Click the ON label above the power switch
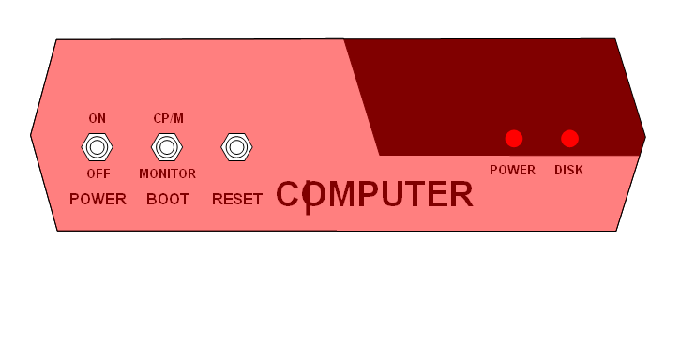[x=98, y=118]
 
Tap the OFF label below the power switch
[x=98, y=174]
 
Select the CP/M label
[x=168, y=118]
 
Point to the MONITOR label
[x=167, y=174]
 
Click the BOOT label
[x=168, y=199]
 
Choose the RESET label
[x=237, y=199]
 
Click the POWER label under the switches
[x=98, y=199]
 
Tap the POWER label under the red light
[x=513, y=170]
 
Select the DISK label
[x=568, y=170]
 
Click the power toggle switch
[x=98, y=147]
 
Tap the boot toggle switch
[x=167, y=147]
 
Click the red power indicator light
[x=514, y=139]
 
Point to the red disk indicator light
[x=570, y=139]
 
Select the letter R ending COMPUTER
[x=461, y=194]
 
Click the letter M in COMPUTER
[x=341, y=194]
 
